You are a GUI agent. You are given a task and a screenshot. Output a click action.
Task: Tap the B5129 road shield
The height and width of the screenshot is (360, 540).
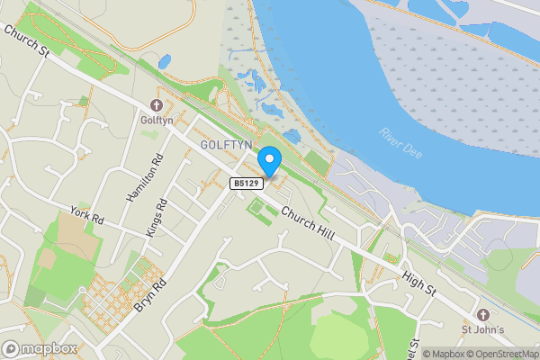[246, 184]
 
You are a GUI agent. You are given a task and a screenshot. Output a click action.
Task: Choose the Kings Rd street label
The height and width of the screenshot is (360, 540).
[156, 219]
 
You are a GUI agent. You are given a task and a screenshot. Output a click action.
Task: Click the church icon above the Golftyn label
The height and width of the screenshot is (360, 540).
[157, 103]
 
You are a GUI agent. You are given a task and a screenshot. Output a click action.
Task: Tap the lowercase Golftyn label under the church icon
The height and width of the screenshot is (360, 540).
[157, 119]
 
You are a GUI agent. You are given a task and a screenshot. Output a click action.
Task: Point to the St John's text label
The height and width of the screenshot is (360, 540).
[482, 329]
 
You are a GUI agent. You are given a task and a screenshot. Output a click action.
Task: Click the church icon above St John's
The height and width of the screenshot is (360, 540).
[482, 314]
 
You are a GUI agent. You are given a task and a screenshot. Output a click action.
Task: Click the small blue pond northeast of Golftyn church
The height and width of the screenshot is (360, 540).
[164, 62]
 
